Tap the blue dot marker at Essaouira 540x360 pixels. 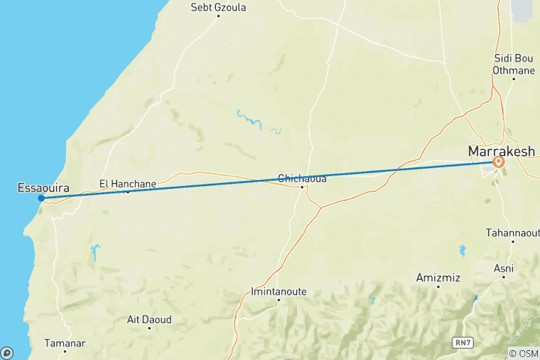[40, 198]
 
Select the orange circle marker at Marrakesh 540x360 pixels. [499, 161]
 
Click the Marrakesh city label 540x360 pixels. [501, 151]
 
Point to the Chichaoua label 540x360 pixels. [301, 178]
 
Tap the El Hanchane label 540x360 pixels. [128, 183]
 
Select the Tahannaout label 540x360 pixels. [514, 232]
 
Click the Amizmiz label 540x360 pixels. [438, 277]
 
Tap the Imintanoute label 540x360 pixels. [278, 291]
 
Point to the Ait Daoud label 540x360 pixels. [149, 319]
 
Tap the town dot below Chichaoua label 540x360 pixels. [301, 187]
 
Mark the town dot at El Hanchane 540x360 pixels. [127, 192]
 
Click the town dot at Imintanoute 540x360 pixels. [278, 300]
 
